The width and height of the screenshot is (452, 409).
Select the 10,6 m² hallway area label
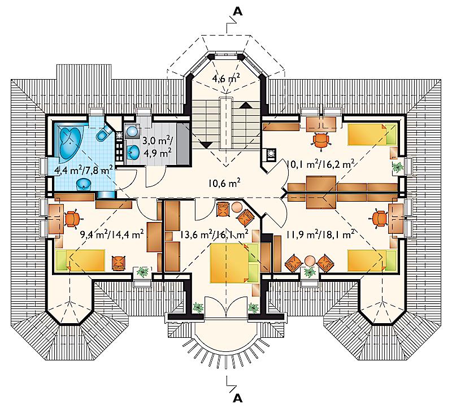pyautogui.click(x=224, y=182)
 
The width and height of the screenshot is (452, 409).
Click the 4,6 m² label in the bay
pyautogui.click(x=227, y=78)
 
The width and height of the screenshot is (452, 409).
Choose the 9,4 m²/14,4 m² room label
pyautogui.click(x=112, y=235)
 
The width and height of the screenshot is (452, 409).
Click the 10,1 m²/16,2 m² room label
pyautogui.click(x=320, y=164)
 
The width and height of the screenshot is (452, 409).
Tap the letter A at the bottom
pyautogui.click(x=237, y=398)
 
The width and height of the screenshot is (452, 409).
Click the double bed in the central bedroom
pyautogui.click(x=234, y=263)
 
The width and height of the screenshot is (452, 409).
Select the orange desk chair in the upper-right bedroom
pyautogui.click(x=321, y=140)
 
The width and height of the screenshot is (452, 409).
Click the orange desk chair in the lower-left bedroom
pyautogui.click(x=73, y=219)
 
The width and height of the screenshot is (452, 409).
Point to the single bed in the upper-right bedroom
pyautogui.click(x=372, y=134)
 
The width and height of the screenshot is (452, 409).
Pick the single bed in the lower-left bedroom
pyautogui.click(x=80, y=260)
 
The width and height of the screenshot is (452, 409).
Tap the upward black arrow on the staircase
pyautogui.click(x=246, y=105)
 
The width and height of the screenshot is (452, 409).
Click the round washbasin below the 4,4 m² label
pyautogui.click(x=84, y=184)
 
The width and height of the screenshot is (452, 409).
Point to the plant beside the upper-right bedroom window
pyautogui.click(x=398, y=167)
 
